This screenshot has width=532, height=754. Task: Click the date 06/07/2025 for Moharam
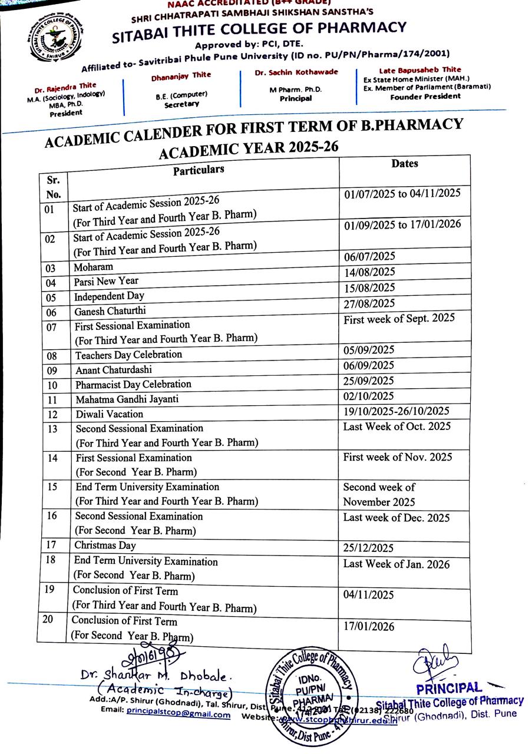[x=369, y=256]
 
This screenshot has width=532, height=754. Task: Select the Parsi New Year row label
[x=106, y=282]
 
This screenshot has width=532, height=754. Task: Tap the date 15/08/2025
[x=369, y=287]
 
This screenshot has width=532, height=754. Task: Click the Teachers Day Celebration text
[x=128, y=355]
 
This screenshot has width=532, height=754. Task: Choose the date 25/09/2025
[x=369, y=381]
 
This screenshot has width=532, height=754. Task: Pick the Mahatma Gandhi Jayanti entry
[x=127, y=399]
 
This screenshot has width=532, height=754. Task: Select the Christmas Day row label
[x=105, y=545]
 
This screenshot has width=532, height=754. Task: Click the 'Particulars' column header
[x=199, y=170]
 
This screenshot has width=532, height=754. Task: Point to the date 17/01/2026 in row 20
[x=369, y=627]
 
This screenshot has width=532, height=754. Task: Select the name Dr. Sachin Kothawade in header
[x=296, y=72]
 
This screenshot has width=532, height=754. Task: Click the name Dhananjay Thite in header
[x=181, y=75]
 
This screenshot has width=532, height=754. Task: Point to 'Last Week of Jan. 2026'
[x=396, y=564]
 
